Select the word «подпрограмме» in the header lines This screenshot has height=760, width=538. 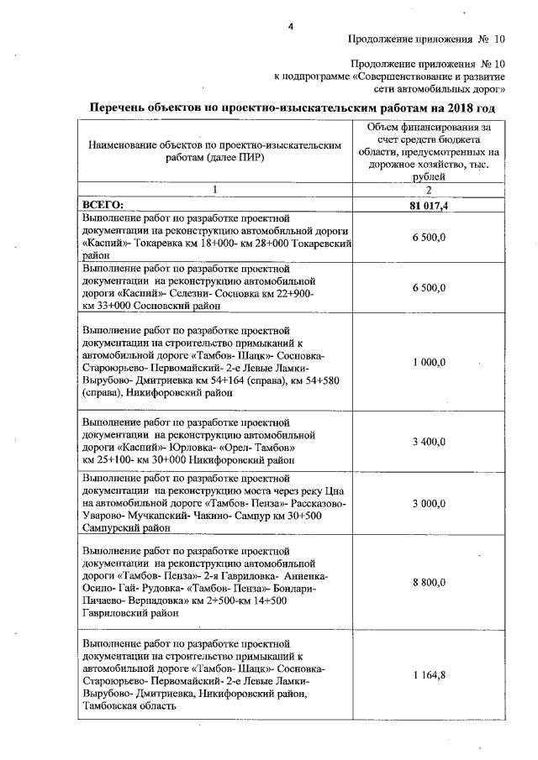[317, 75]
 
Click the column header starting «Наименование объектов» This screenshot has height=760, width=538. [215, 151]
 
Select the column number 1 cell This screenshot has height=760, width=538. [215, 189]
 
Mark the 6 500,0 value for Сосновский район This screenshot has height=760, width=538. [430, 287]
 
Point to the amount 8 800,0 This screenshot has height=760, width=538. [430, 581]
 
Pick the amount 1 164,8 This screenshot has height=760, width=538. [430, 674]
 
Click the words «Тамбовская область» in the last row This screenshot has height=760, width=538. [129, 707]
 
